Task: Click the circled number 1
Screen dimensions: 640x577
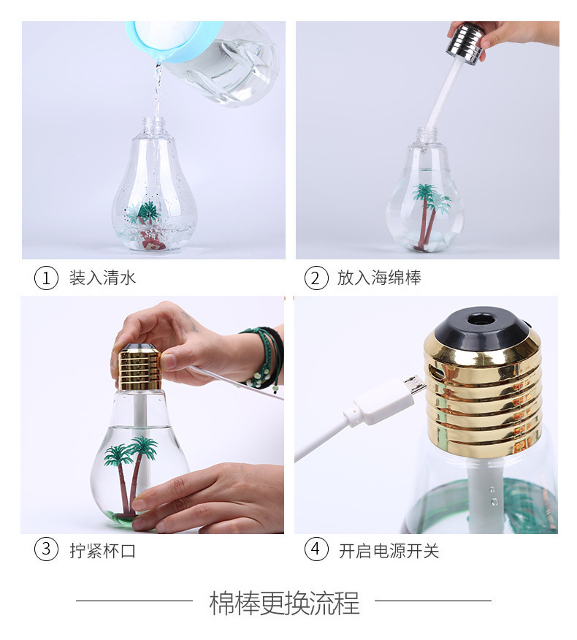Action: [x=46, y=278]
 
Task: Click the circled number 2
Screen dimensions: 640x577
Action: [x=316, y=278]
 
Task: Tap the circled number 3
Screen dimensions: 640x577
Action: [x=46, y=549]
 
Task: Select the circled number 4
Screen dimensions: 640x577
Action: [x=316, y=549]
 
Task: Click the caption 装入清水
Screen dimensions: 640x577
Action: [x=102, y=278]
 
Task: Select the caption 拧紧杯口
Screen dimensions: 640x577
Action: [x=102, y=550]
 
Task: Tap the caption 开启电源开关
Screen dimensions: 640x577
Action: [x=389, y=550]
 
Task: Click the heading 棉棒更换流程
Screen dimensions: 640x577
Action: [x=284, y=603]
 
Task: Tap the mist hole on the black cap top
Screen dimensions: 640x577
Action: [x=481, y=319]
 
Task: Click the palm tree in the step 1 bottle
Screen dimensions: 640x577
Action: [x=148, y=219]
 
